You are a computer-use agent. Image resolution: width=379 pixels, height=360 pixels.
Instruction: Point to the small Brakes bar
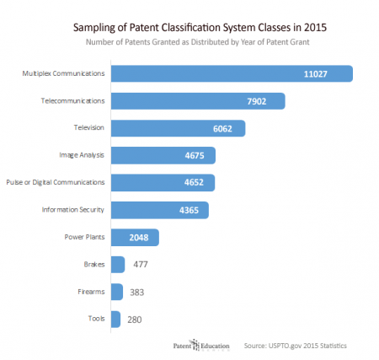(117, 265)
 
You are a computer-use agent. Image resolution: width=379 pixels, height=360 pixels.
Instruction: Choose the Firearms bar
(115, 292)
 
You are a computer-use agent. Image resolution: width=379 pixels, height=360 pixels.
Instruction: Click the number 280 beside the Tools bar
(136, 320)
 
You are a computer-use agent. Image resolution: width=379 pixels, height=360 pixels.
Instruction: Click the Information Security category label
(72, 211)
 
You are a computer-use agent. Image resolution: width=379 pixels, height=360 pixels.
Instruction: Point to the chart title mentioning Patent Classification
(189, 27)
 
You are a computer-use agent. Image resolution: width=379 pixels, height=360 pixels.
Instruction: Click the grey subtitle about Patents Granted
(189, 41)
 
